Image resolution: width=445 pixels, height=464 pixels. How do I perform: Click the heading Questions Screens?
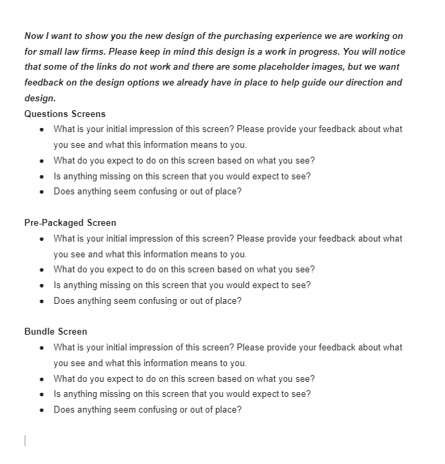click(x=65, y=114)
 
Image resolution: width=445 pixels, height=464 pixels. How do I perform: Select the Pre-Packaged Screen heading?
click(x=70, y=222)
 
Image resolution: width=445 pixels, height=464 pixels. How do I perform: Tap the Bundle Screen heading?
click(x=56, y=332)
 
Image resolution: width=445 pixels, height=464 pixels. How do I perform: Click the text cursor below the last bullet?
click(x=25, y=441)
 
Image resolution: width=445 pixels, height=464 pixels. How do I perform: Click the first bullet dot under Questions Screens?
click(x=42, y=129)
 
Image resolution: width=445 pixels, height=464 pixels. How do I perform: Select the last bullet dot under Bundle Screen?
click(x=42, y=410)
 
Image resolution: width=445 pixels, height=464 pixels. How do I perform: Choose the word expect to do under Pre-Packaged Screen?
click(x=116, y=270)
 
